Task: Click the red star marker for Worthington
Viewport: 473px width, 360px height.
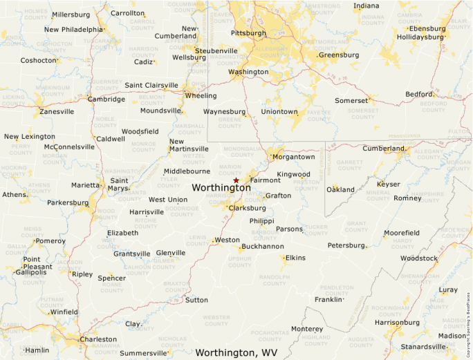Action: click(236, 180)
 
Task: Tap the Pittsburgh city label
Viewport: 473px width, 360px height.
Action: click(248, 32)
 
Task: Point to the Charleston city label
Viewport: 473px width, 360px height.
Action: click(98, 339)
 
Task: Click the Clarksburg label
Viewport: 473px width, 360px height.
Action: click(247, 207)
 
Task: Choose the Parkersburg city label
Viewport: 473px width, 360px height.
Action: click(68, 202)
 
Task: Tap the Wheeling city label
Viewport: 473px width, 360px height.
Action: click(201, 96)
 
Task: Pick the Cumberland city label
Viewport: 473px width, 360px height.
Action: click(383, 148)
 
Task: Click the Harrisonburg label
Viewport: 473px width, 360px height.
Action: click(397, 322)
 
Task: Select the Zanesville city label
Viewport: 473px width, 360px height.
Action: click(57, 111)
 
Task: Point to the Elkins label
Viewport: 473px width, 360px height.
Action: click(295, 258)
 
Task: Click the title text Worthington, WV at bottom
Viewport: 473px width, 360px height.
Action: click(236, 352)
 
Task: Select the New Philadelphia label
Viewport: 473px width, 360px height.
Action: click(73, 30)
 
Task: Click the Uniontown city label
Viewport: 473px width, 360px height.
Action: click(279, 111)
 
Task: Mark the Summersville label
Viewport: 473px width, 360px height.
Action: click(143, 353)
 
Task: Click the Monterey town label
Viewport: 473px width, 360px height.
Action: click(306, 328)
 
